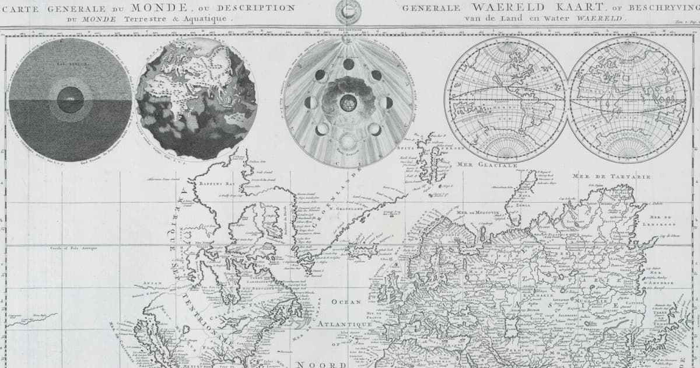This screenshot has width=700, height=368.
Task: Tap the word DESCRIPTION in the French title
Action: tap(260, 8)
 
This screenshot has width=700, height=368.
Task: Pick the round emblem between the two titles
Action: tap(349, 12)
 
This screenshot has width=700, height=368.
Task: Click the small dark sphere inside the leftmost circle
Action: tap(70, 99)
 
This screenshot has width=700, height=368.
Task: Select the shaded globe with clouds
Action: tap(196, 99)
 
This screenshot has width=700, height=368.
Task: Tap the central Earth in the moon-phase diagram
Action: tap(348, 102)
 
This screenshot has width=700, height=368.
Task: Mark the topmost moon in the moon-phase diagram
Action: tap(348, 64)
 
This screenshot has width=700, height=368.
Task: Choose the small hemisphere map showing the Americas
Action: tap(506, 99)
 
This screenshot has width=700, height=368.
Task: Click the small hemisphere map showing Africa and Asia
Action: tap(629, 99)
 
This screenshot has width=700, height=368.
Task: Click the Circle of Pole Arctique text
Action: tap(73, 248)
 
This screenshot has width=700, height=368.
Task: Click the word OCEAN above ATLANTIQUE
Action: tap(346, 302)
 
